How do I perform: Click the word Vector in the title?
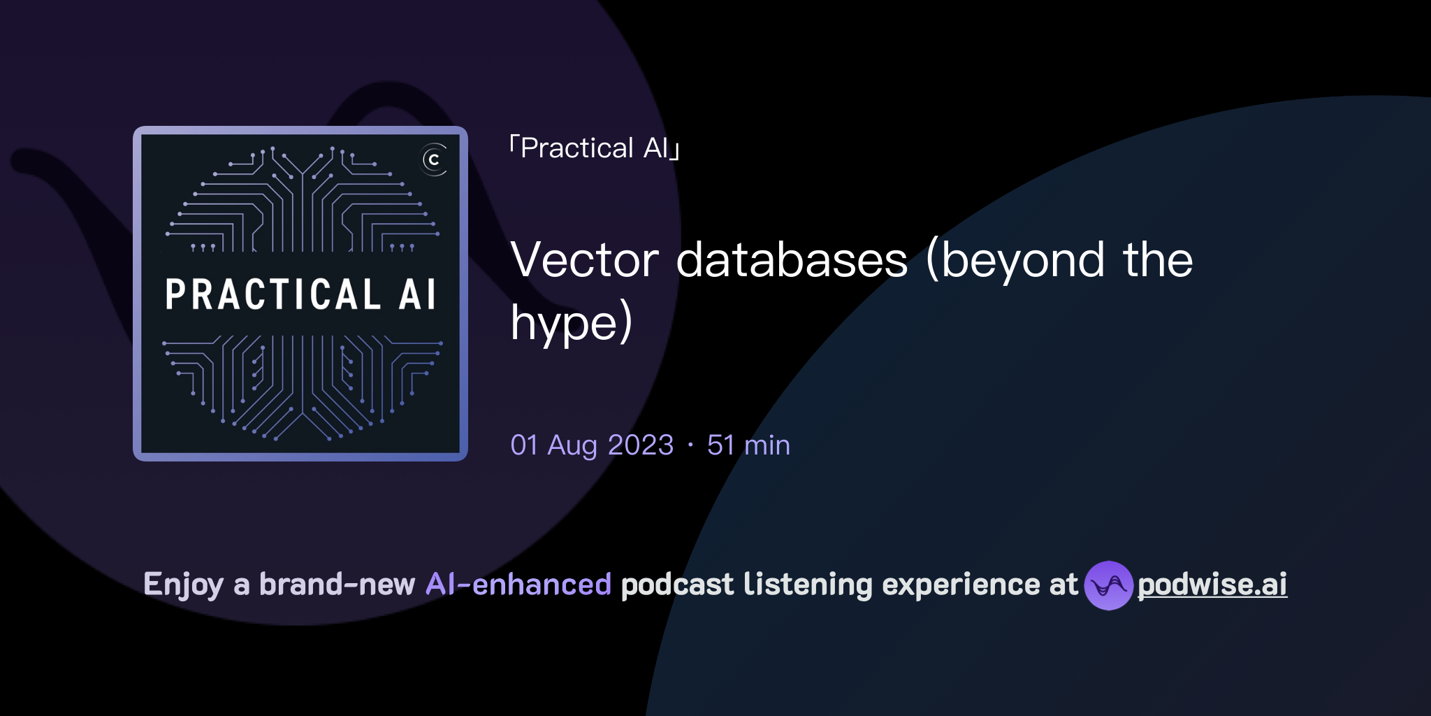(584, 260)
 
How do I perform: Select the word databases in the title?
(792, 260)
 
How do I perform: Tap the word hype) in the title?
(572, 322)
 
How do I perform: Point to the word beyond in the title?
(1016, 260)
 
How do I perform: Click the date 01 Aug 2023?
(592, 445)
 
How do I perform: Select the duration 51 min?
(748, 445)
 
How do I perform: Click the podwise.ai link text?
(1212, 585)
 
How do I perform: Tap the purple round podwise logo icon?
(1108, 585)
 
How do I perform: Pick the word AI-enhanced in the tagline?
(518, 585)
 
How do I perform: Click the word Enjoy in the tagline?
(183, 585)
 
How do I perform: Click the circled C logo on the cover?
(434, 160)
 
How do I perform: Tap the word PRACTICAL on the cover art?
(273, 294)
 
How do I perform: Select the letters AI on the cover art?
(418, 294)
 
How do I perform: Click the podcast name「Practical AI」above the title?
(595, 148)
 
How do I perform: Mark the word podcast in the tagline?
(677, 585)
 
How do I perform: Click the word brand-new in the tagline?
(337, 585)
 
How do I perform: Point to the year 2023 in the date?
(641, 445)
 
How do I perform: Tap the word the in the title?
(1158, 260)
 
